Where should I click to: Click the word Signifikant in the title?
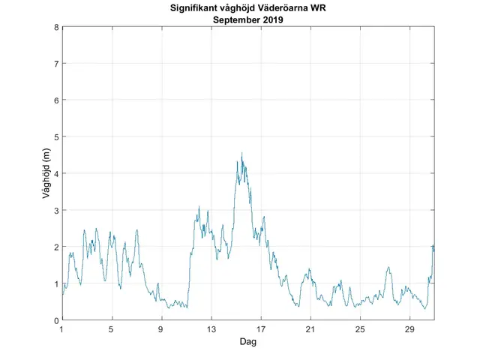tap(191, 8)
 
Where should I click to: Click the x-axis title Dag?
tap(248, 342)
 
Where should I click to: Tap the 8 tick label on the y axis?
tap(55, 27)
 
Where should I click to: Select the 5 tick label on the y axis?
tap(55, 136)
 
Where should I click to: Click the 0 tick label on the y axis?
tap(55, 320)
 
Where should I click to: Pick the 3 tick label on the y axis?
tap(55, 210)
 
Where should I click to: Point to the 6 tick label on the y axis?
tap(55, 100)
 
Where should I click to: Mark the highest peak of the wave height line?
tap(241, 153)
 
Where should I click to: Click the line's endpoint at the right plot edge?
tap(434, 248)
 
